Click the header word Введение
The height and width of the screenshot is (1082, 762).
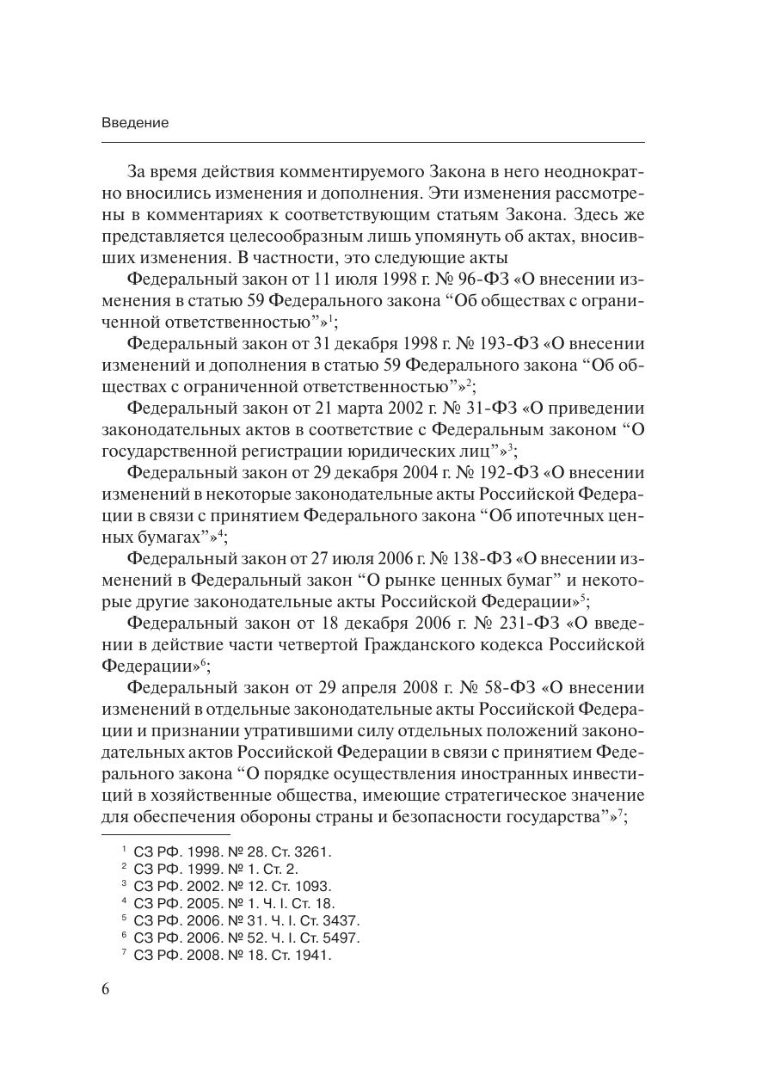point(135,123)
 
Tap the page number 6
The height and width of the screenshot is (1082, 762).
point(106,988)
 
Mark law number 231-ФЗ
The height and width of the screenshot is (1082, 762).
point(501,623)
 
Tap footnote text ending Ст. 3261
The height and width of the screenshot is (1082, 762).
point(232,851)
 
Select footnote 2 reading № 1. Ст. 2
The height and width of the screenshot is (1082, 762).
point(216,869)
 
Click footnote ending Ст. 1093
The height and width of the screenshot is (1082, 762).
point(232,886)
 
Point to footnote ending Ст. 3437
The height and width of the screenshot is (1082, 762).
point(247,920)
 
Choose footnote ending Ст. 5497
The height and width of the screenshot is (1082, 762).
point(247,938)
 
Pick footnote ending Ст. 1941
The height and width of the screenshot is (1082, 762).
point(232,955)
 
